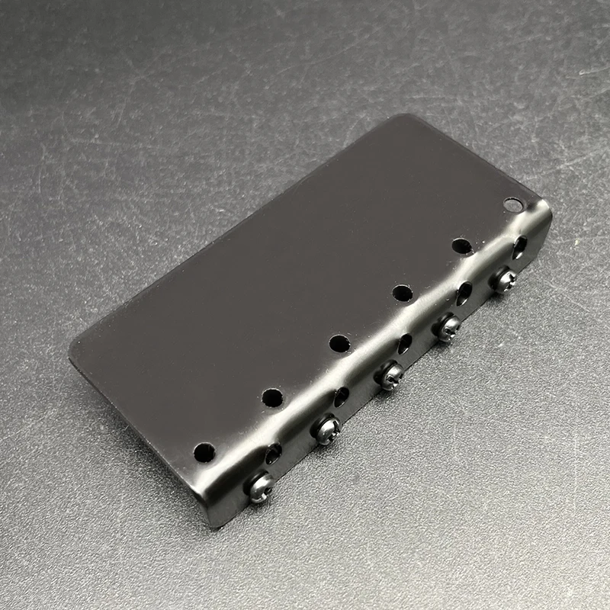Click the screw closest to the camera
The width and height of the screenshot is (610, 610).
coord(259,486)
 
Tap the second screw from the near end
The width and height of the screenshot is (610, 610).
coord(326,429)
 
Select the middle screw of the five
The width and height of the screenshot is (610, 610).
coord(390,375)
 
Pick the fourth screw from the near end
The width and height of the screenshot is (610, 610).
coord(448,327)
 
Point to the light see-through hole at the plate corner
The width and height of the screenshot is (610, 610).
coord(513,204)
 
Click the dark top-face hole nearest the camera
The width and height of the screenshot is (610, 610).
coord(204,452)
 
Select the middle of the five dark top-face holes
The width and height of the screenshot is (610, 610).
coord(340,343)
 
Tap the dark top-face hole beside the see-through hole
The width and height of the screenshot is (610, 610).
coord(461,246)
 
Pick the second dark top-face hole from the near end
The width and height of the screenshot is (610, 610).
coord(272,397)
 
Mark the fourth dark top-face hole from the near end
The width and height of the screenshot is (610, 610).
coord(403,293)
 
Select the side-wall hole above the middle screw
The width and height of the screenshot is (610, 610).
coord(404,343)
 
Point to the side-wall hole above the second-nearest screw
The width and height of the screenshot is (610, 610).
coord(341,396)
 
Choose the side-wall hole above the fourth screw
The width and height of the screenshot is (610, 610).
coord(464,294)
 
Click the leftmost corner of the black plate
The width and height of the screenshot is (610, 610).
coord(70,352)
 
